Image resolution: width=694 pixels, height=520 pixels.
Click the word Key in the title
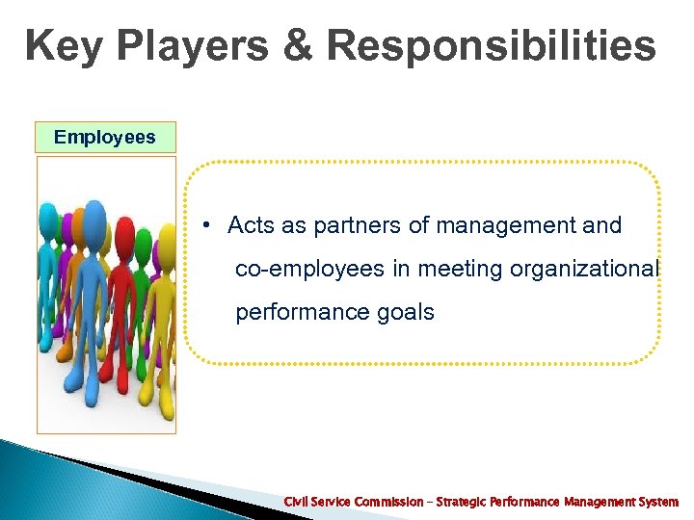65,46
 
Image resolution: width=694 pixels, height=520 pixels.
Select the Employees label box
104,137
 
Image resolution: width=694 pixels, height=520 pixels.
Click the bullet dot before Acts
207,226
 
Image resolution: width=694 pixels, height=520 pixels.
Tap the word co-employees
309,270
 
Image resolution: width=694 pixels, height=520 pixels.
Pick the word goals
405,313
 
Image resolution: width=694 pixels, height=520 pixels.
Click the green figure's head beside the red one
143,237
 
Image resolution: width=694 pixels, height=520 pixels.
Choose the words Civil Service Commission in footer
353,503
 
